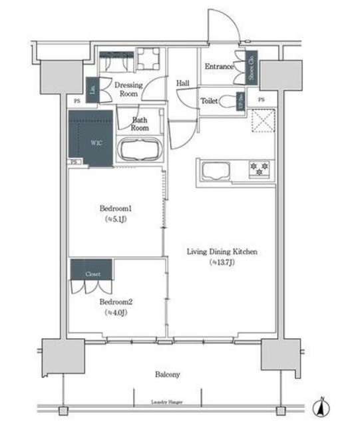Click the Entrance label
click(x=218, y=67)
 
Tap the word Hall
click(x=183, y=83)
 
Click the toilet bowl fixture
click(x=231, y=102)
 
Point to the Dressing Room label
click(x=128, y=89)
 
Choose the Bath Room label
click(x=140, y=123)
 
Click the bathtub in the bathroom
click(x=139, y=150)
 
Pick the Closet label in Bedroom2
click(x=92, y=274)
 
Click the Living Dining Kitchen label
click(x=221, y=252)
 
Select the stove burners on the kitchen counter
click(x=259, y=169)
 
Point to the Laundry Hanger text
click(x=167, y=403)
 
